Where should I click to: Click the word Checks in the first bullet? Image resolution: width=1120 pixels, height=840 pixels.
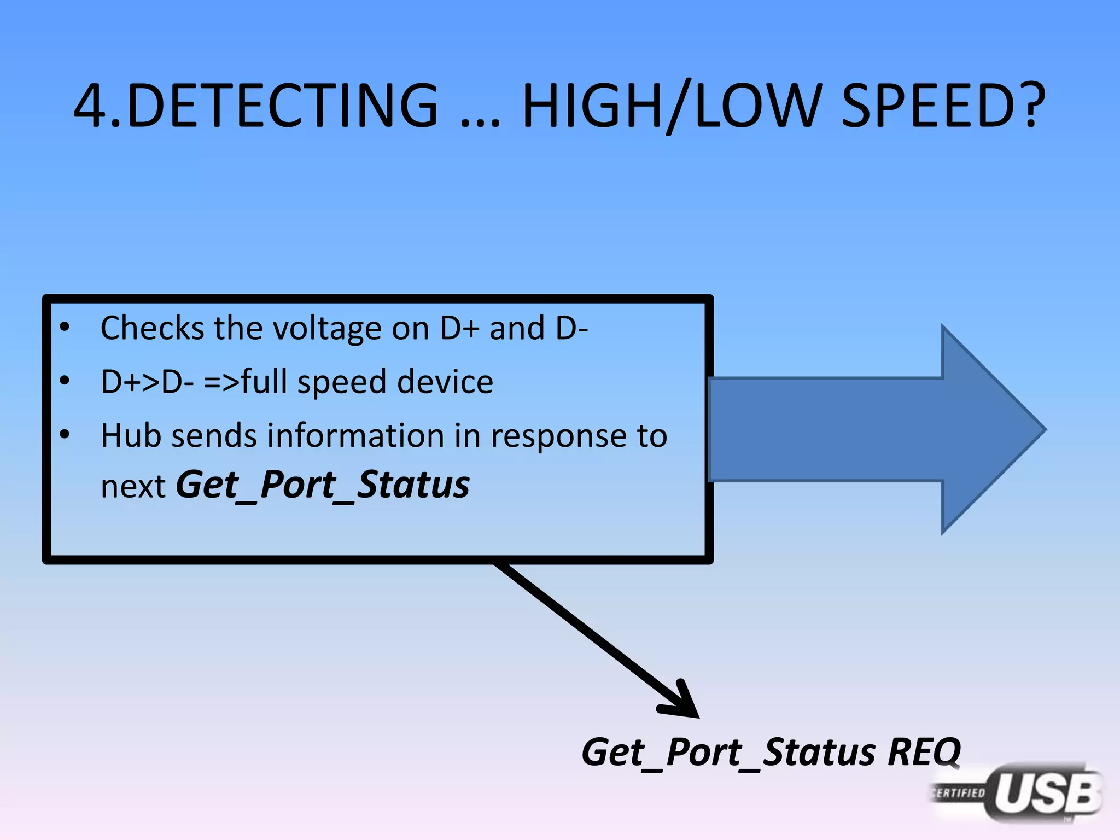[153, 328]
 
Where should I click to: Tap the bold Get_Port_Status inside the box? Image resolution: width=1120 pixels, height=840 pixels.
[322, 485]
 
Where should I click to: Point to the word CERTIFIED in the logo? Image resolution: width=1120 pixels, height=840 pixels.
[959, 793]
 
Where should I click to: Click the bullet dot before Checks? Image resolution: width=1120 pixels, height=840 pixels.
[65, 327]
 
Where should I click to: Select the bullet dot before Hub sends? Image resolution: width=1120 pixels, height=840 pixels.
[65, 435]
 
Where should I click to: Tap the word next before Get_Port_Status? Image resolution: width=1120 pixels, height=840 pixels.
[133, 486]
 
